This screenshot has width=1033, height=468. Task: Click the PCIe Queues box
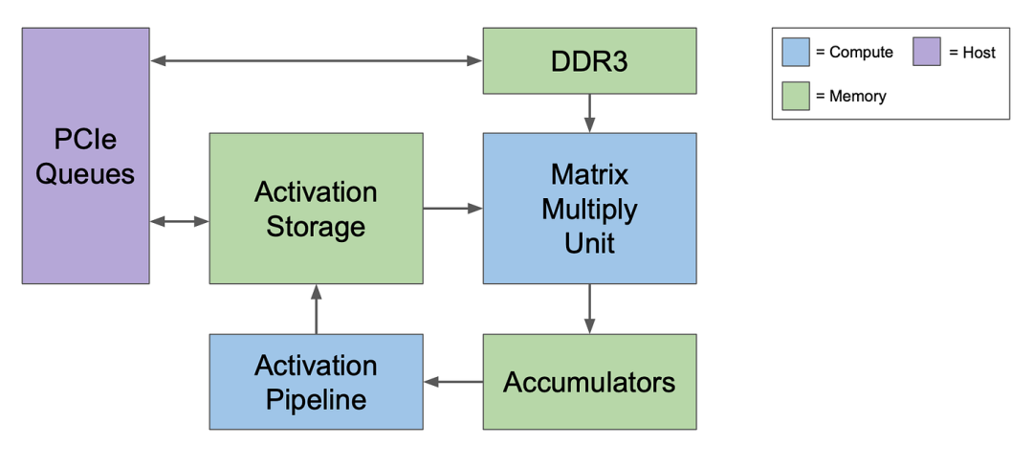coord(86,156)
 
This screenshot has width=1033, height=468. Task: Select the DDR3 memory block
coord(589,60)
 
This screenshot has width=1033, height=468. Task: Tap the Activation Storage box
coord(317,209)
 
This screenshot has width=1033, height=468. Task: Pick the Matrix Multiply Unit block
coord(589,209)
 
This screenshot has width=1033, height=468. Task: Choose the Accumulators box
coord(589,382)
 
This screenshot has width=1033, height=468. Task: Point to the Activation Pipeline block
coord(317,382)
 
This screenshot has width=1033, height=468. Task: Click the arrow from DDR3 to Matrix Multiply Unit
coord(589,113)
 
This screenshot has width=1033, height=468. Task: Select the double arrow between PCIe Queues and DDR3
coord(317,60)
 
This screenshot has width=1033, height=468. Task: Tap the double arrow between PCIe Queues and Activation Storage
coord(180,222)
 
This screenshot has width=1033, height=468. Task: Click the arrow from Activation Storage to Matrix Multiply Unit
coord(453,209)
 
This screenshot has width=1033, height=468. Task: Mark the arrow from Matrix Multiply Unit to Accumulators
coord(589,309)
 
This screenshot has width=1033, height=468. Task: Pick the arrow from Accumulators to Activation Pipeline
coord(453,382)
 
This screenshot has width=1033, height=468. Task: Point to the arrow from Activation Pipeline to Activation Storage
coord(317,309)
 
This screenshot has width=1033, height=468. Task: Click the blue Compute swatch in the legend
coord(796,52)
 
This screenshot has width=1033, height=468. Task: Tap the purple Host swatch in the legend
coord(926,52)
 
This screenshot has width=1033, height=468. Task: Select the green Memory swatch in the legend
coord(796,97)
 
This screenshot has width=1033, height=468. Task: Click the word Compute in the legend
coord(861,53)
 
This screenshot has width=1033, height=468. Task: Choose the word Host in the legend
coord(979,53)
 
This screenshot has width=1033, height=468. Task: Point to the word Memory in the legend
coord(858,97)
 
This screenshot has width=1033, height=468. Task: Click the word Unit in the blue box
coord(589,243)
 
